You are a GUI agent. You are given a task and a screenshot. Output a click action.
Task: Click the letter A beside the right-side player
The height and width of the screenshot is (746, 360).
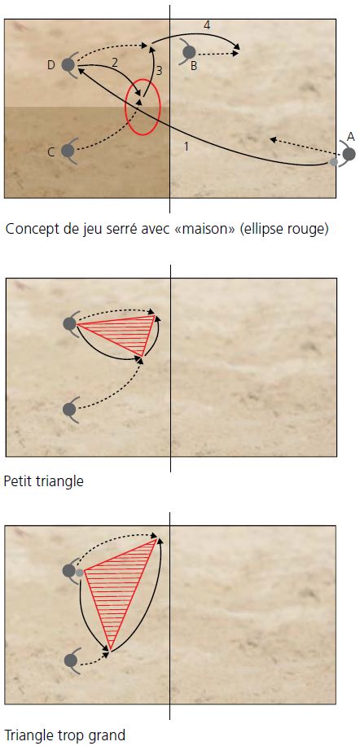[351, 138]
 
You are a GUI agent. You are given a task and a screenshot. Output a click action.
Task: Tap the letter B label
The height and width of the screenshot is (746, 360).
[194, 66]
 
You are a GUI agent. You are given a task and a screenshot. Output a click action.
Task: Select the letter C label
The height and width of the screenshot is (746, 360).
[51, 152]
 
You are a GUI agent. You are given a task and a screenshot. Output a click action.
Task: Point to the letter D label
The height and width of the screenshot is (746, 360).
[51, 65]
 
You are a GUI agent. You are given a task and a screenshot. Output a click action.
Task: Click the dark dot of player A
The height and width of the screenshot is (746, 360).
[349, 154]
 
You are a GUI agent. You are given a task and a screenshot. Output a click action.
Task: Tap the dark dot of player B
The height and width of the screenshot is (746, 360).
[189, 52]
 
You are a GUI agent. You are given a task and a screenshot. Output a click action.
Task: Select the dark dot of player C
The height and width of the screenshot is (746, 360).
[68, 151]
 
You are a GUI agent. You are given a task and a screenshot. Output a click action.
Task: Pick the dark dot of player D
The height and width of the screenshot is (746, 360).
[68, 64]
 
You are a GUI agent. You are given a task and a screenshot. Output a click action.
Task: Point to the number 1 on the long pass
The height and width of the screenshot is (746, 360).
[186, 147]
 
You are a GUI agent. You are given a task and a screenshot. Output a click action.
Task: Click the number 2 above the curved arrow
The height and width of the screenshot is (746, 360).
[114, 62]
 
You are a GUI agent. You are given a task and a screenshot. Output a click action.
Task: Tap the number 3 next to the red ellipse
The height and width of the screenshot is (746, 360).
[160, 71]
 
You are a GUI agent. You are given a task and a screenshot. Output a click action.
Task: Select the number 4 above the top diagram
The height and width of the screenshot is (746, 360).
[206, 25]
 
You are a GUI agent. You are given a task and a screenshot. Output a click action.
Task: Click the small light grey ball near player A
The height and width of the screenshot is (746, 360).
[334, 162]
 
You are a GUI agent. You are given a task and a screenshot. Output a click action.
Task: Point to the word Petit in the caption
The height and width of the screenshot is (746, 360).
[17, 481]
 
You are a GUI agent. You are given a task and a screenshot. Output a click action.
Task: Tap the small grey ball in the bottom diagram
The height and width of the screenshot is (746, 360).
[80, 573]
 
